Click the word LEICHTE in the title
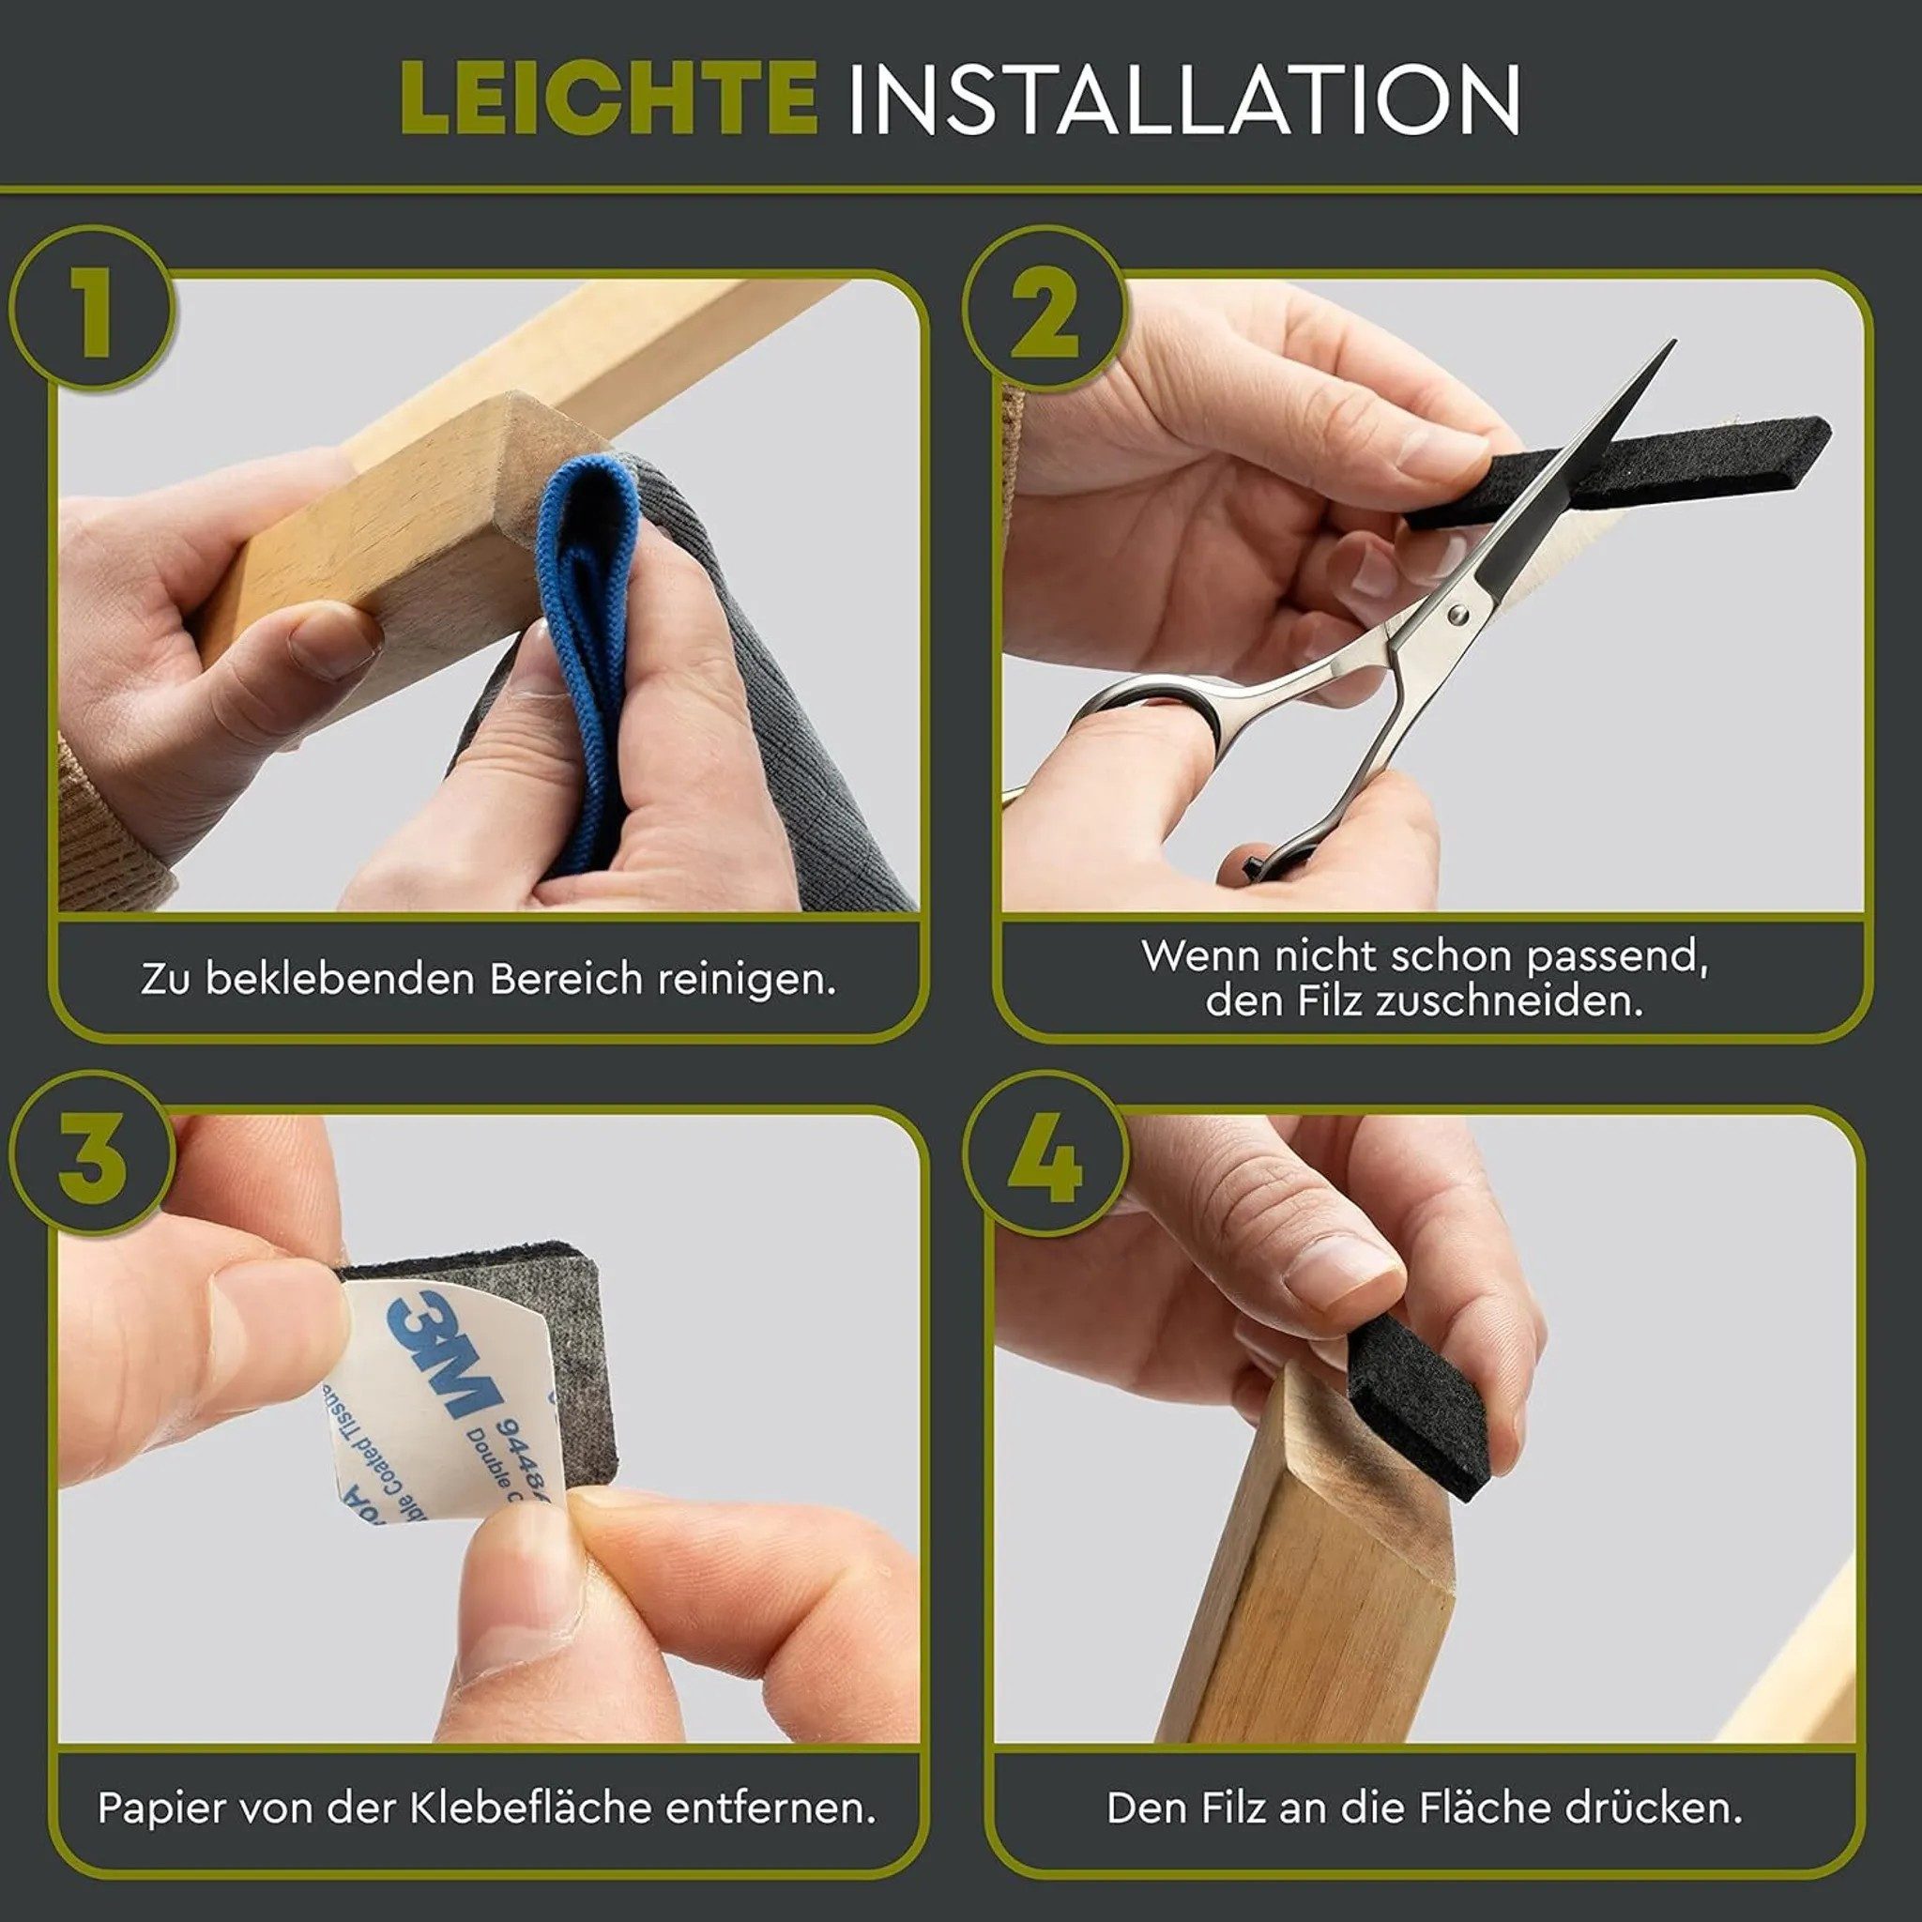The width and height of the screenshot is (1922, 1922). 609,99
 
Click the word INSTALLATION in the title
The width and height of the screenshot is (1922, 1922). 1182,99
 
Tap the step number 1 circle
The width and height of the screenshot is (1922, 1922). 94,311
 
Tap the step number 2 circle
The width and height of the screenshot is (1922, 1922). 1045,311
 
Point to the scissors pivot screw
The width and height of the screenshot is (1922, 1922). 1457,617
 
